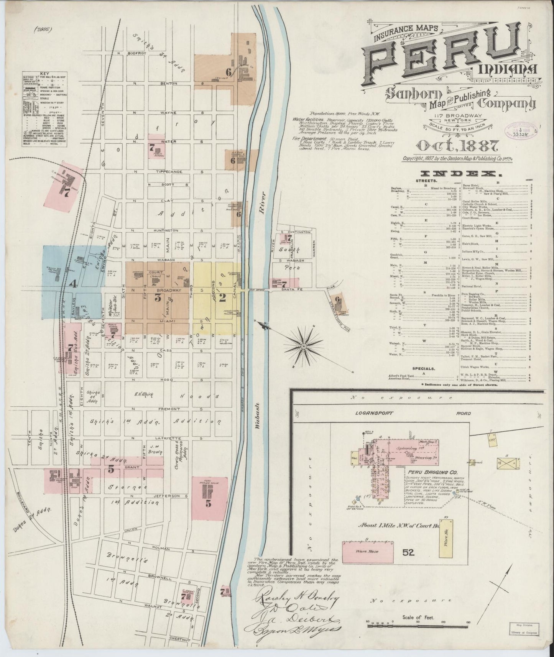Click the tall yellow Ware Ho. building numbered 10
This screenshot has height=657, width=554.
(x=447, y=537)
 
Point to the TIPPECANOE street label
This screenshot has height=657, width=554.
(x=165, y=172)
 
